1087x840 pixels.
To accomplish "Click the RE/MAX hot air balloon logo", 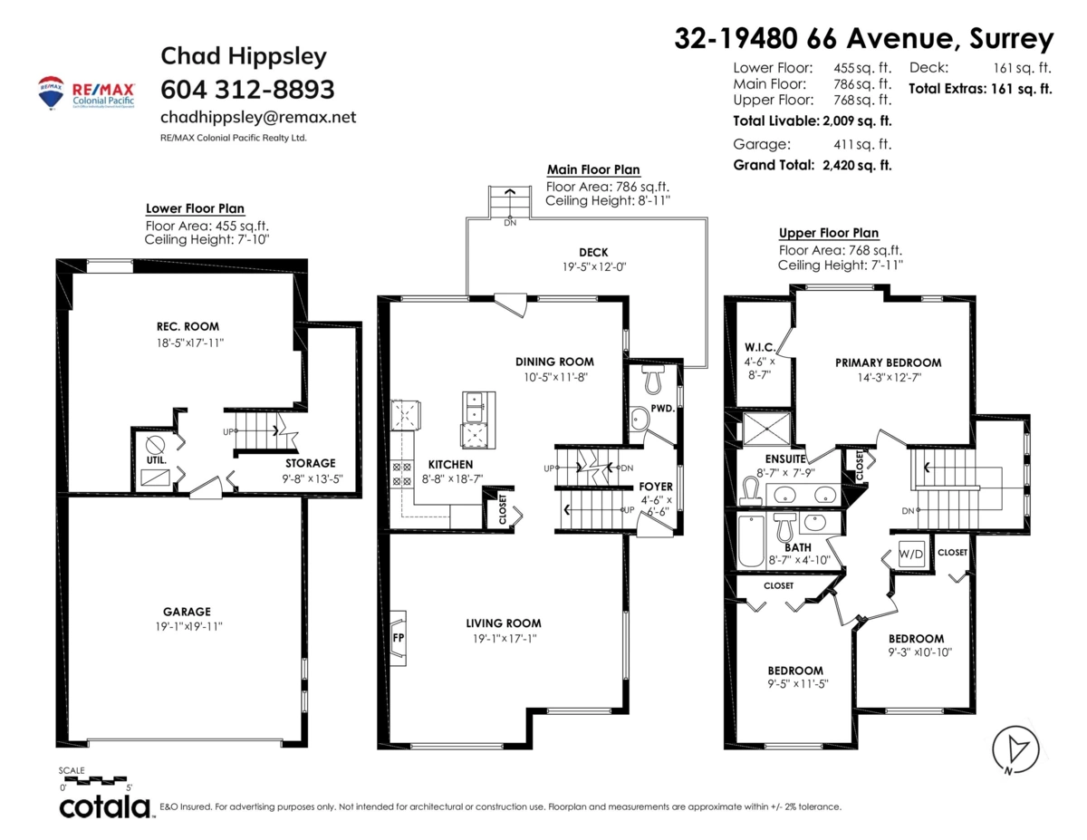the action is (51, 92).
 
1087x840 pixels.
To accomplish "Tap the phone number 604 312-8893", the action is (247, 90).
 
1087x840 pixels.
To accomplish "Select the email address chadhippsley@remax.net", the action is (258, 117).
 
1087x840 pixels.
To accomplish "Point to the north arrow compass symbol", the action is (1015, 750).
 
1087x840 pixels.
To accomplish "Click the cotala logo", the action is (105, 807).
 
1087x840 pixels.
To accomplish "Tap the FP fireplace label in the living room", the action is (399, 638).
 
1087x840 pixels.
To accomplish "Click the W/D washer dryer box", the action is (911, 554).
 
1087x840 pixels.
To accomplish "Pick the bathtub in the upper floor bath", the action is (751, 541).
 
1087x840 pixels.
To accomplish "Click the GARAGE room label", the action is (188, 612).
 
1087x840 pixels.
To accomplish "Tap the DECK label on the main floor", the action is (593, 252).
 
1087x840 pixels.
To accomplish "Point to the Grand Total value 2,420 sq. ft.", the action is (857, 165).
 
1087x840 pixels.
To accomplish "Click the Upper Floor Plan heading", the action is (828, 233).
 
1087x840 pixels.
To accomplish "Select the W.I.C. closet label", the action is (759, 347).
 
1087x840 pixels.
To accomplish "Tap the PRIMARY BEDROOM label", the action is (889, 362).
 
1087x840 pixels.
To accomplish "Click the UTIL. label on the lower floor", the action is (157, 459).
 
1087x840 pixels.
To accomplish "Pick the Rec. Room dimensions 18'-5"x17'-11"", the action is (190, 343).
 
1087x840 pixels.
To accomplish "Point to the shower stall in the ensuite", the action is (766, 429).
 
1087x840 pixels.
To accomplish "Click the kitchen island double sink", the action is (473, 407).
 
